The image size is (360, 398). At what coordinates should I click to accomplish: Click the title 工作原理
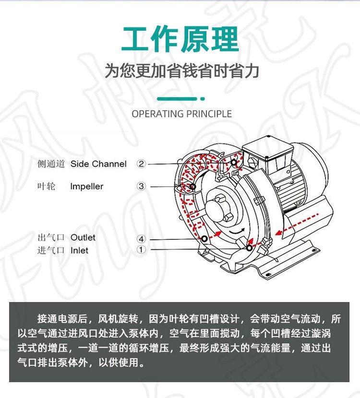coord(180,39)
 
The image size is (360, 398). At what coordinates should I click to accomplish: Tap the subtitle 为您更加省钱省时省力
coord(182,71)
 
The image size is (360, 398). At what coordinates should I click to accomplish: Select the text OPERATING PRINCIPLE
coord(181,114)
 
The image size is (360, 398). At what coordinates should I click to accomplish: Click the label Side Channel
coord(98,164)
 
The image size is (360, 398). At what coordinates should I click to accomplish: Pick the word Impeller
coord(86,187)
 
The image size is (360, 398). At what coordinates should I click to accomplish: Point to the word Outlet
coord(83,237)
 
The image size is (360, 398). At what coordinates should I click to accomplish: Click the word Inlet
coord(79,250)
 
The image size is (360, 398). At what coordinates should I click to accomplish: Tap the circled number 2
coord(141,164)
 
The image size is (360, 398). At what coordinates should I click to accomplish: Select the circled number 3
coord(141,187)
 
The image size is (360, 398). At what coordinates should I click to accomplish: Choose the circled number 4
coord(141,239)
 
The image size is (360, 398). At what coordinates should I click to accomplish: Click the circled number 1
coord(141,250)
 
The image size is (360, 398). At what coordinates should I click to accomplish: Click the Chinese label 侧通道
coord(51,164)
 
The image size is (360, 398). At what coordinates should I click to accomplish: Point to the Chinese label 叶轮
coord(46,187)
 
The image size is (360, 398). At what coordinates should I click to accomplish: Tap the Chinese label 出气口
coord(51,237)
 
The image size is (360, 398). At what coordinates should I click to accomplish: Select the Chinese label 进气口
coord(51,250)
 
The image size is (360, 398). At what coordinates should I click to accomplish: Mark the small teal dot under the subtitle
coord(203,99)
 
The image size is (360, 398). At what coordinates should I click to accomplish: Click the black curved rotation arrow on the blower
coord(237,231)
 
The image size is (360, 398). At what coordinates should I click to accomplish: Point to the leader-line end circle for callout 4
coord(204,239)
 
